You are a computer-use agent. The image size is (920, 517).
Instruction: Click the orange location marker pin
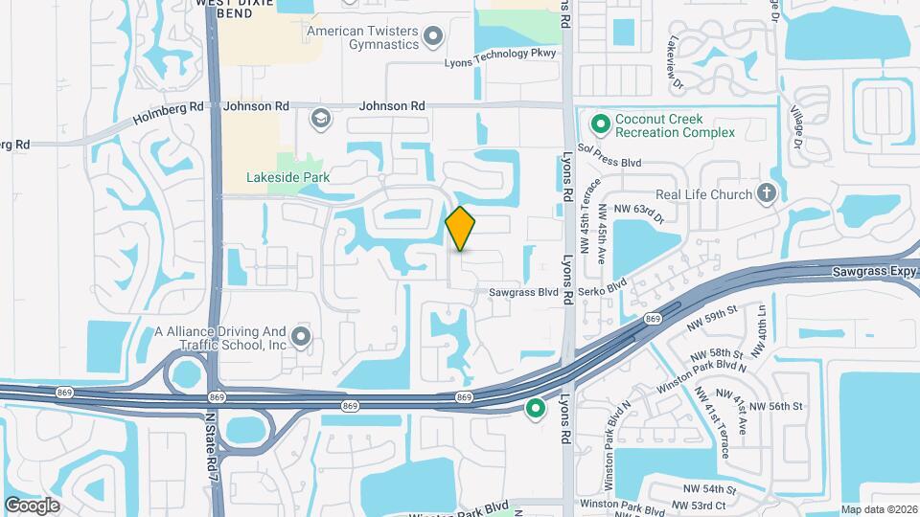click(x=461, y=229)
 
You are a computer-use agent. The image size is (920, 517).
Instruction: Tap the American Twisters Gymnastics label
click(x=363, y=37)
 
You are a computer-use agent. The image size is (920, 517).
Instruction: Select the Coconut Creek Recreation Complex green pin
click(x=601, y=124)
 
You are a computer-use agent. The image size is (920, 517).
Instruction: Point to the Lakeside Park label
click(x=287, y=177)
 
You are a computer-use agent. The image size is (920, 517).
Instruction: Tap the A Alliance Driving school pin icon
click(x=302, y=336)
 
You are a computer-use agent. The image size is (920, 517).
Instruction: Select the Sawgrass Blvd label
click(x=523, y=291)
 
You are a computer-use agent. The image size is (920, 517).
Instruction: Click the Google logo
click(x=32, y=505)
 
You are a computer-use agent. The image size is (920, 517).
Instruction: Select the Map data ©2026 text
click(x=878, y=509)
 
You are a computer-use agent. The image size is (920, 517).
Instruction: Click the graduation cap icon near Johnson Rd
click(x=320, y=119)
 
